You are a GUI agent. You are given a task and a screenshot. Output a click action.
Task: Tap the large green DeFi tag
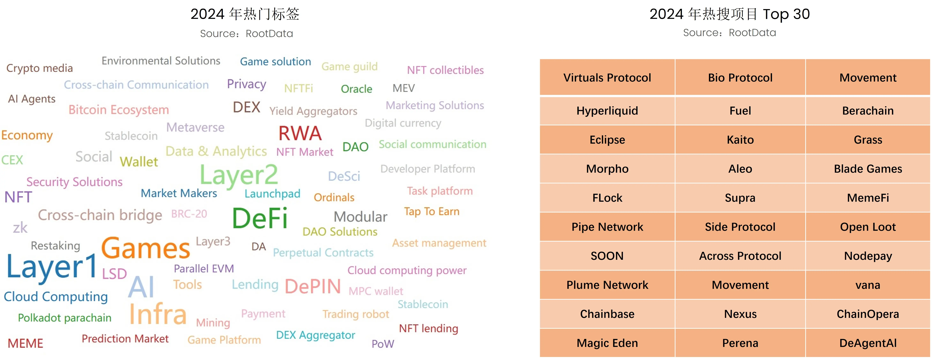tap(260, 218)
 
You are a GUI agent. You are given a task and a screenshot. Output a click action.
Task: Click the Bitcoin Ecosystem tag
tap(119, 110)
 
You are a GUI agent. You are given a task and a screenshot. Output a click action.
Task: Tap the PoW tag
tap(383, 344)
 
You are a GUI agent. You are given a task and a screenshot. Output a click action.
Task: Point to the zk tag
tap(20, 228)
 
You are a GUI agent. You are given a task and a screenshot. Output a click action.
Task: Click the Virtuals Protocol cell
tap(607, 78)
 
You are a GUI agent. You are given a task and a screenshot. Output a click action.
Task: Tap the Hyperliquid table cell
tap(607, 111)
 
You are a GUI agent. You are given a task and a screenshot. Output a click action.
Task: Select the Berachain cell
tap(868, 111)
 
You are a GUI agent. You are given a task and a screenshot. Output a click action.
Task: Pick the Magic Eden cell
tap(607, 343)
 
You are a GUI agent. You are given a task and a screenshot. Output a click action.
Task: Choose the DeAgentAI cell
tap(868, 343)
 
